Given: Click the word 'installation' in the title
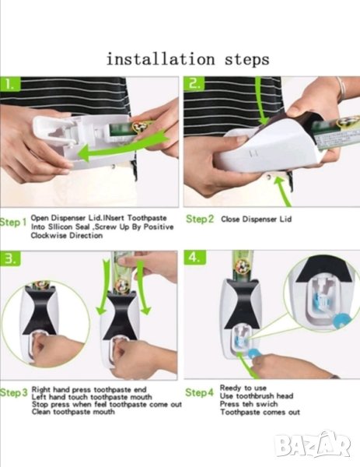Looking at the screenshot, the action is [x=160, y=58].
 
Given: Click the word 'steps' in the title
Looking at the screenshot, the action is [x=247, y=60].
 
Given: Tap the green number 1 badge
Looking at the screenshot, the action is [x=10, y=84].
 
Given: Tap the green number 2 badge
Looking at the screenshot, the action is [x=194, y=84].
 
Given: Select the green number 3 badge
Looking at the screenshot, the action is [x=10, y=258].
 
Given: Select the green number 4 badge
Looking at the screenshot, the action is [x=194, y=258].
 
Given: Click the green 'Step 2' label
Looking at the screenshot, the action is [x=200, y=219].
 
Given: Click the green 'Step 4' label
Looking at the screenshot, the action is [x=199, y=392].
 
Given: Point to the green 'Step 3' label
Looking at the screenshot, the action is [x=14, y=393].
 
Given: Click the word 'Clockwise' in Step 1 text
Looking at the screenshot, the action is [x=49, y=235].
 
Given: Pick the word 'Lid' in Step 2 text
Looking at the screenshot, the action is [x=285, y=219].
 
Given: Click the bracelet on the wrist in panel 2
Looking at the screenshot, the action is [x=341, y=88].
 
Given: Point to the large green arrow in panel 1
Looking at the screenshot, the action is [x=123, y=147].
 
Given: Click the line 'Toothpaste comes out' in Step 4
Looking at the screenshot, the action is [x=260, y=413].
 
